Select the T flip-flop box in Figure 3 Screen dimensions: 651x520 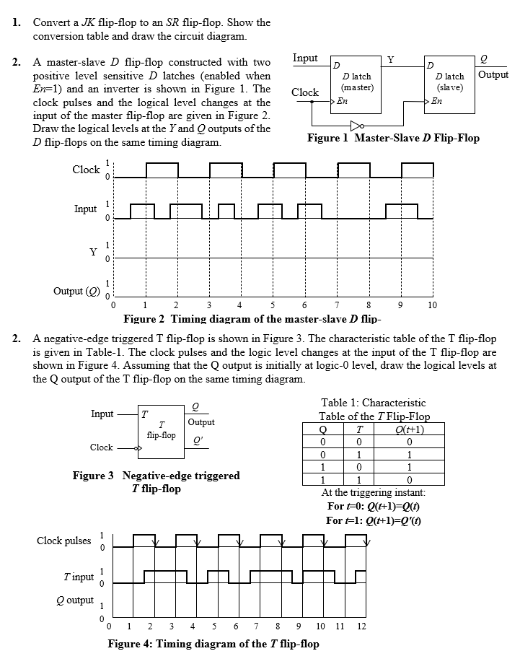point(162,430)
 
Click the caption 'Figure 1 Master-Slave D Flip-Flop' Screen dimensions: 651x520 point(393,138)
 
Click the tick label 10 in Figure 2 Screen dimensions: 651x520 point(432,306)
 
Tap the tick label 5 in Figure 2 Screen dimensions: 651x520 point(273,306)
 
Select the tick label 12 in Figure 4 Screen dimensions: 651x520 point(361,625)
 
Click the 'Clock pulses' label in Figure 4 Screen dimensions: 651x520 point(64,541)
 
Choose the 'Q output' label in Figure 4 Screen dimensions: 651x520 point(75,600)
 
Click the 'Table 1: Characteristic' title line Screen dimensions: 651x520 point(373,403)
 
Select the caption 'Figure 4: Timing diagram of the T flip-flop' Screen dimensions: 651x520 point(213,643)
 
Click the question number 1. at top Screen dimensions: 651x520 point(16,22)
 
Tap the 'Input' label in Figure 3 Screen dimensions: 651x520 point(102,414)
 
